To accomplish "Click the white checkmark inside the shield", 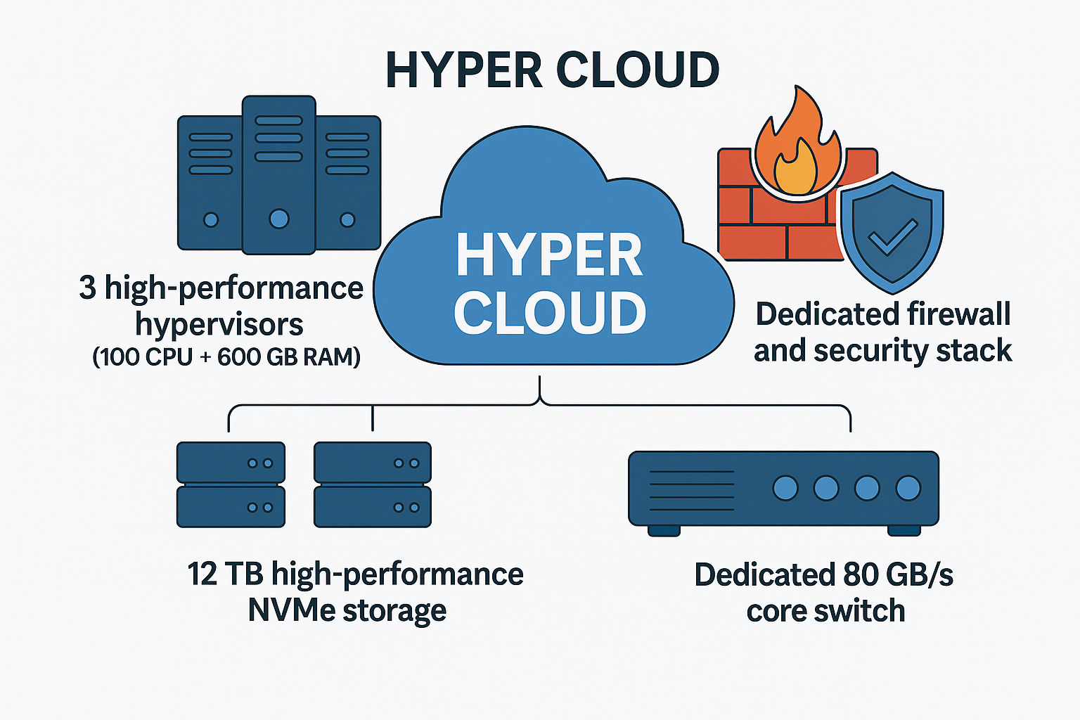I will pos(892,237).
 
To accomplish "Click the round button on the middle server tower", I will pos(278,219).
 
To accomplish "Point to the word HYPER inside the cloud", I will pos(549,255).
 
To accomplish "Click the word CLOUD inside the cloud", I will pos(549,313).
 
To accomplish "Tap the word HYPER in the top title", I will pos(464,70).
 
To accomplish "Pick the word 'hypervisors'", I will pos(219,324).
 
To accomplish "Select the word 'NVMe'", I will pos(292,610).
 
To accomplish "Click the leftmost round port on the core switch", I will pos(785,487).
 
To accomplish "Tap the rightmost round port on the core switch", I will pos(908,487).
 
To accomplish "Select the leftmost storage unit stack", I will pos(231,484).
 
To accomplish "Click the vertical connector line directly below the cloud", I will pos(540,388).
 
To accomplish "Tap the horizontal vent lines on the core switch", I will pos(691,490).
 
